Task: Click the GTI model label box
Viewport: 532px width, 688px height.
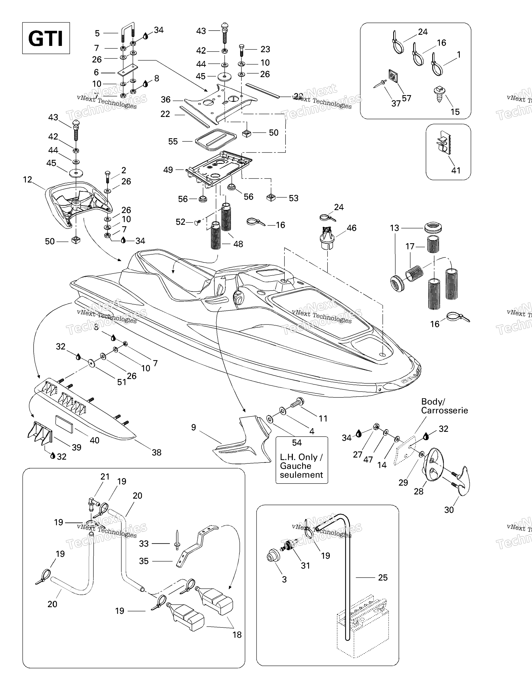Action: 46,38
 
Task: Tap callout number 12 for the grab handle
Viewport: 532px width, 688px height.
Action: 28,180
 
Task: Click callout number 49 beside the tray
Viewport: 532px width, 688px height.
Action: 168,170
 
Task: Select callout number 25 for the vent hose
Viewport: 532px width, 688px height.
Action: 383,578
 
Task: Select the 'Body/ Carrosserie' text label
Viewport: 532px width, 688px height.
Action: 444,406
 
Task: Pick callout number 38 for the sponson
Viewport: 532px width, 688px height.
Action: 157,452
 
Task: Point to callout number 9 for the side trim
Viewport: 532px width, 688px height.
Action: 194,427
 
